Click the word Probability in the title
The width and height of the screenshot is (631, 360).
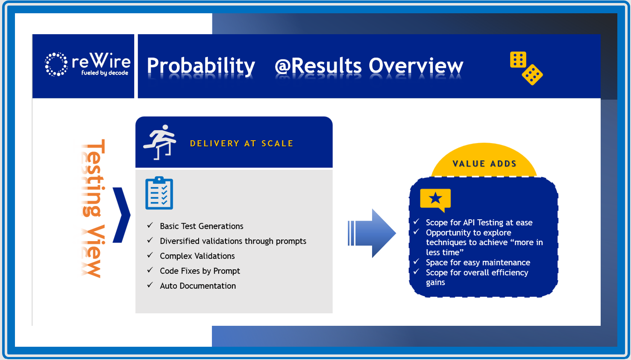pos(201,66)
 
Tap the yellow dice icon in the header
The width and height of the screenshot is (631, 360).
pos(526,68)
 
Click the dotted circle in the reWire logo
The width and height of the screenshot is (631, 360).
pos(56,65)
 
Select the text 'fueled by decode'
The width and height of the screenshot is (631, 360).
pos(105,73)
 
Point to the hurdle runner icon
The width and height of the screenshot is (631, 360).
pos(160,142)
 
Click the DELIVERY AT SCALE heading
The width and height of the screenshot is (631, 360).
pos(241,144)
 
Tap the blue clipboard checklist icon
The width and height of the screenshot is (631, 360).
pos(159,193)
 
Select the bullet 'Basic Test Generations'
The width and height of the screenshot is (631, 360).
pos(201,226)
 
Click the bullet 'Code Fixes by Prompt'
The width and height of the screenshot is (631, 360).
pos(200,271)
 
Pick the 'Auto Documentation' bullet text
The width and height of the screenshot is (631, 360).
pos(197,286)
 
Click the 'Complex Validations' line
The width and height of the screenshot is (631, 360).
pos(197,256)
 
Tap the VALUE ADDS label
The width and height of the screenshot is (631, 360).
pos(484,164)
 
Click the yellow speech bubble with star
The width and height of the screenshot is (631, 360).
pos(435,199)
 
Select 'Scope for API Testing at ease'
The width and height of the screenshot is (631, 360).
pos(479,223)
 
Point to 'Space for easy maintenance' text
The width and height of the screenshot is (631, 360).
pos(478,263)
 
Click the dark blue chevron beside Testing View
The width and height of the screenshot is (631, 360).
pos(122,215)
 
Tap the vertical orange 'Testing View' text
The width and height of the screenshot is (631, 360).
pos(93,208)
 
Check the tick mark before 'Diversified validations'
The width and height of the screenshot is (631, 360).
pos(150,241)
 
